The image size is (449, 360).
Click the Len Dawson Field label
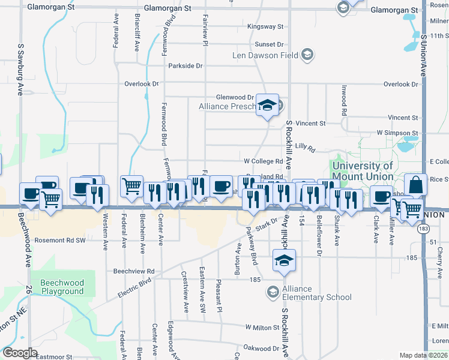point(265,56)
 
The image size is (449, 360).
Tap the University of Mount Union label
point(363,171)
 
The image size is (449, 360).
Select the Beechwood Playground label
point(62,287)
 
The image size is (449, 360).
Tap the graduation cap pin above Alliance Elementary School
point(284,260)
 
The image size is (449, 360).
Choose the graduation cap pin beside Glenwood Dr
point(267,106)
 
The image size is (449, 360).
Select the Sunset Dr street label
point(268,44)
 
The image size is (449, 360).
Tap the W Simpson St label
point(397,132)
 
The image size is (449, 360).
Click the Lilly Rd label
point(305,146)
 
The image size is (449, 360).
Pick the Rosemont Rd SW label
point(61,239)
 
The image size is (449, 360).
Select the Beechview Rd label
point(134,271)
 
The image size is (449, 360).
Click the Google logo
point(20,352)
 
